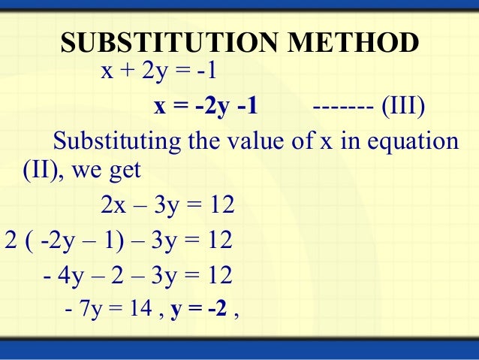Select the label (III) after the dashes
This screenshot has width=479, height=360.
click(x=402, y=107)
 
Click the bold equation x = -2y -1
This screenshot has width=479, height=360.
click(x=206, y=107)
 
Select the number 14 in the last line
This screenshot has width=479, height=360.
click(x=137, y=310)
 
